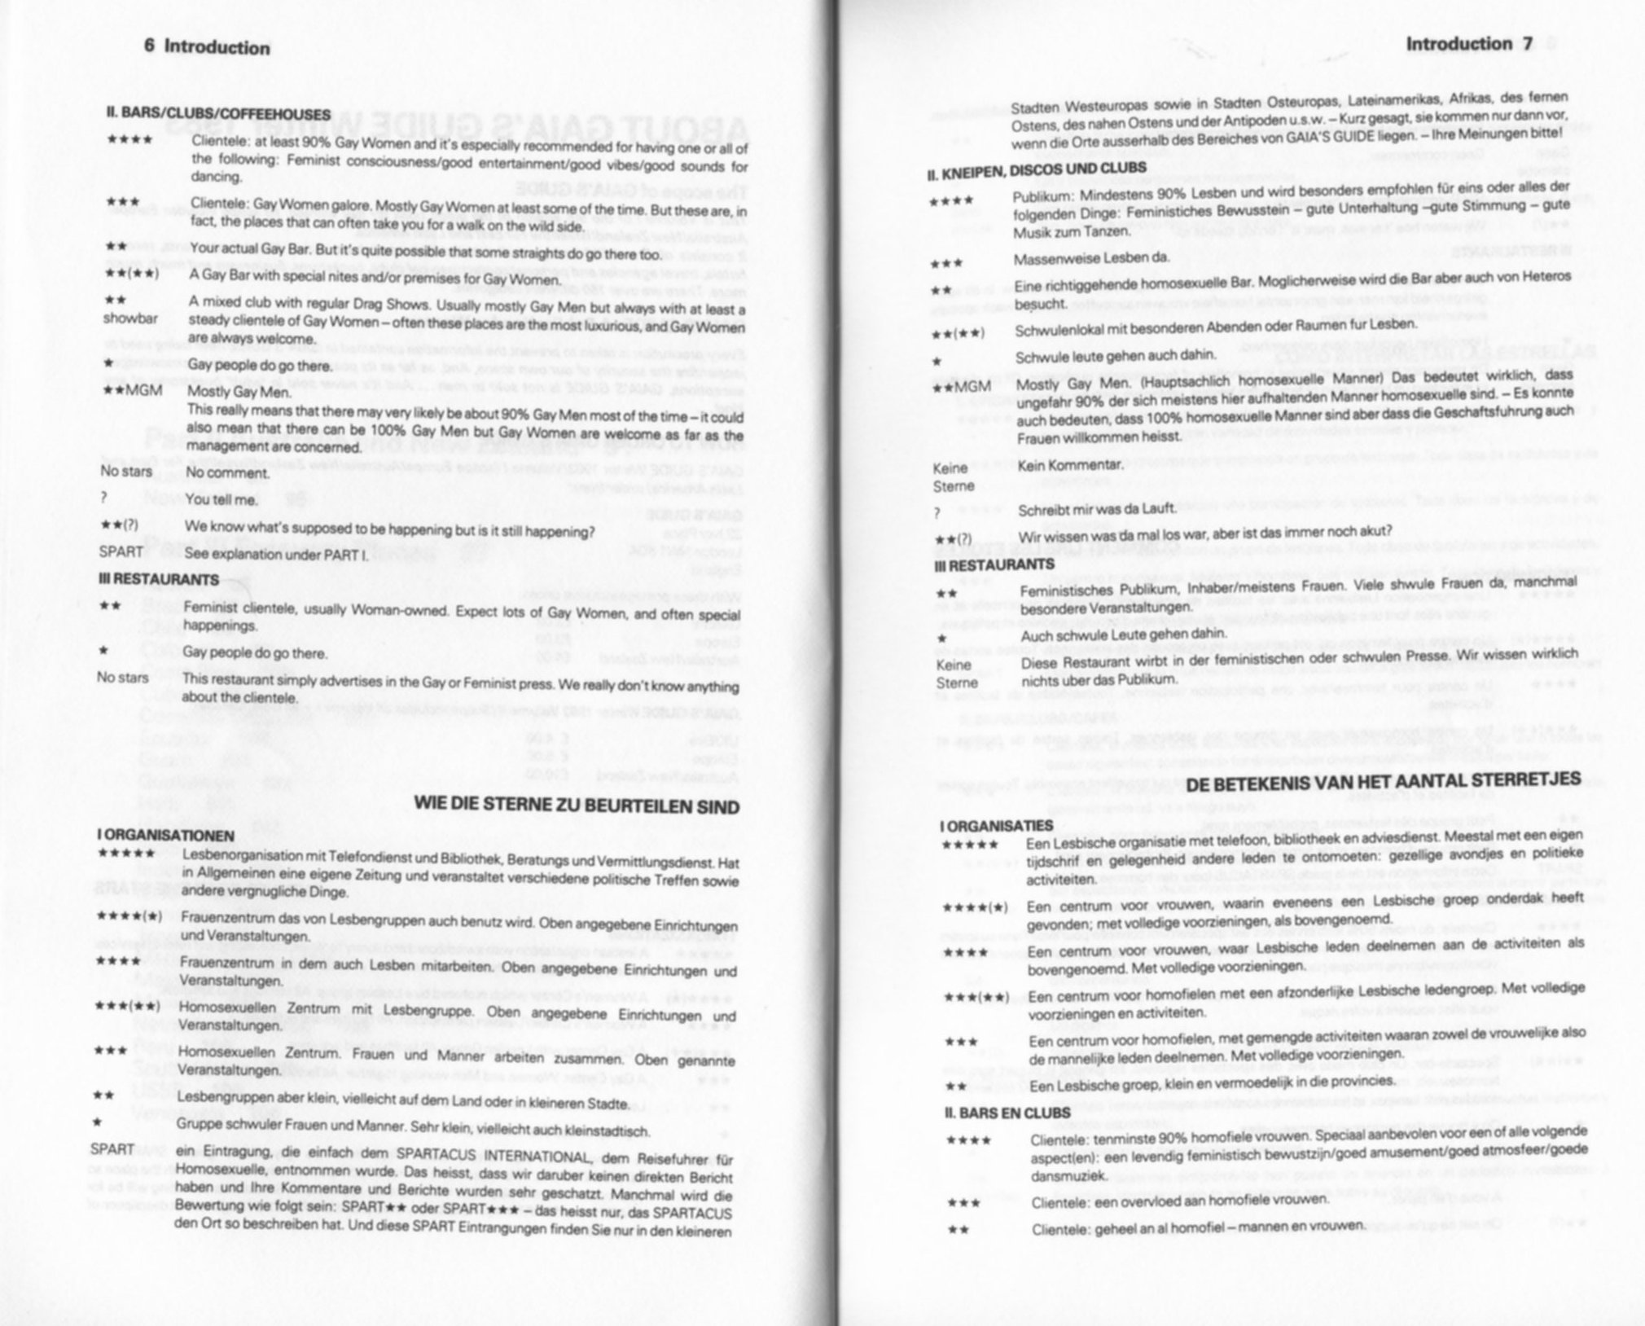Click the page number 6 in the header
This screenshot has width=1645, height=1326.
(149, 46)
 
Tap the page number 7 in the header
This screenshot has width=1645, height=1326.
(1528, 44)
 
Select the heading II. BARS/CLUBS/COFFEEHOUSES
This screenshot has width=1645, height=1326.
(218, 114)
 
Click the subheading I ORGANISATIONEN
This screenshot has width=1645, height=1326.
(165, 836)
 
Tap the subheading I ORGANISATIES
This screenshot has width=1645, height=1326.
(997, 826)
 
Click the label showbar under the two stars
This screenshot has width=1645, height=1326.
(130, 318)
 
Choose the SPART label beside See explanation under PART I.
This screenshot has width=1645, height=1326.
(121, 551)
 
